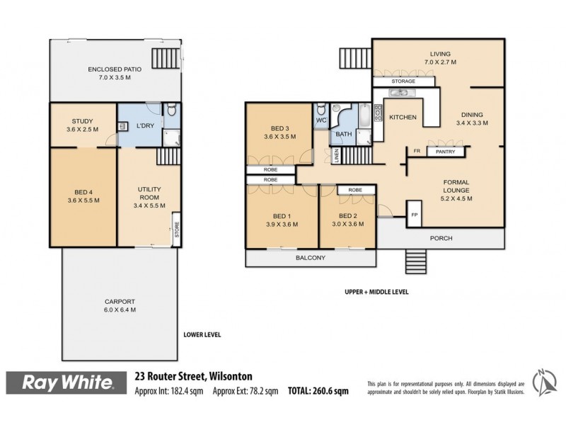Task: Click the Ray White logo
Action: pos(69,383)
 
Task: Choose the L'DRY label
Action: pos(145,126)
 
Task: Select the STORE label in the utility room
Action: pos(176,232)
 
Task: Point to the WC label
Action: pos(320,120)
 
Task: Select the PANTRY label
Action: pos(445,152)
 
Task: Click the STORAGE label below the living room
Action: pos(403,81)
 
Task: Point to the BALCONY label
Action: pos(311,258)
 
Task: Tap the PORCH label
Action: pos(440,238)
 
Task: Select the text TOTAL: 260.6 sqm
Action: pos(318,391)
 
